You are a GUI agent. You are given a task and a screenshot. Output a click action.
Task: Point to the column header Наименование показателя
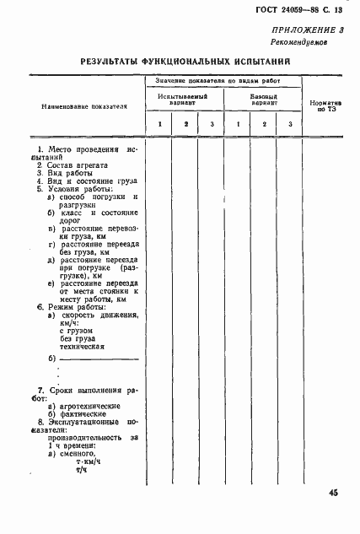click(78, 107)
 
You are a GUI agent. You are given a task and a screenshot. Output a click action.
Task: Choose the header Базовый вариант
click(263, 99)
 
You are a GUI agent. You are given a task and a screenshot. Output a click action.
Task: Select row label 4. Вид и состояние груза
click(81, 181)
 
